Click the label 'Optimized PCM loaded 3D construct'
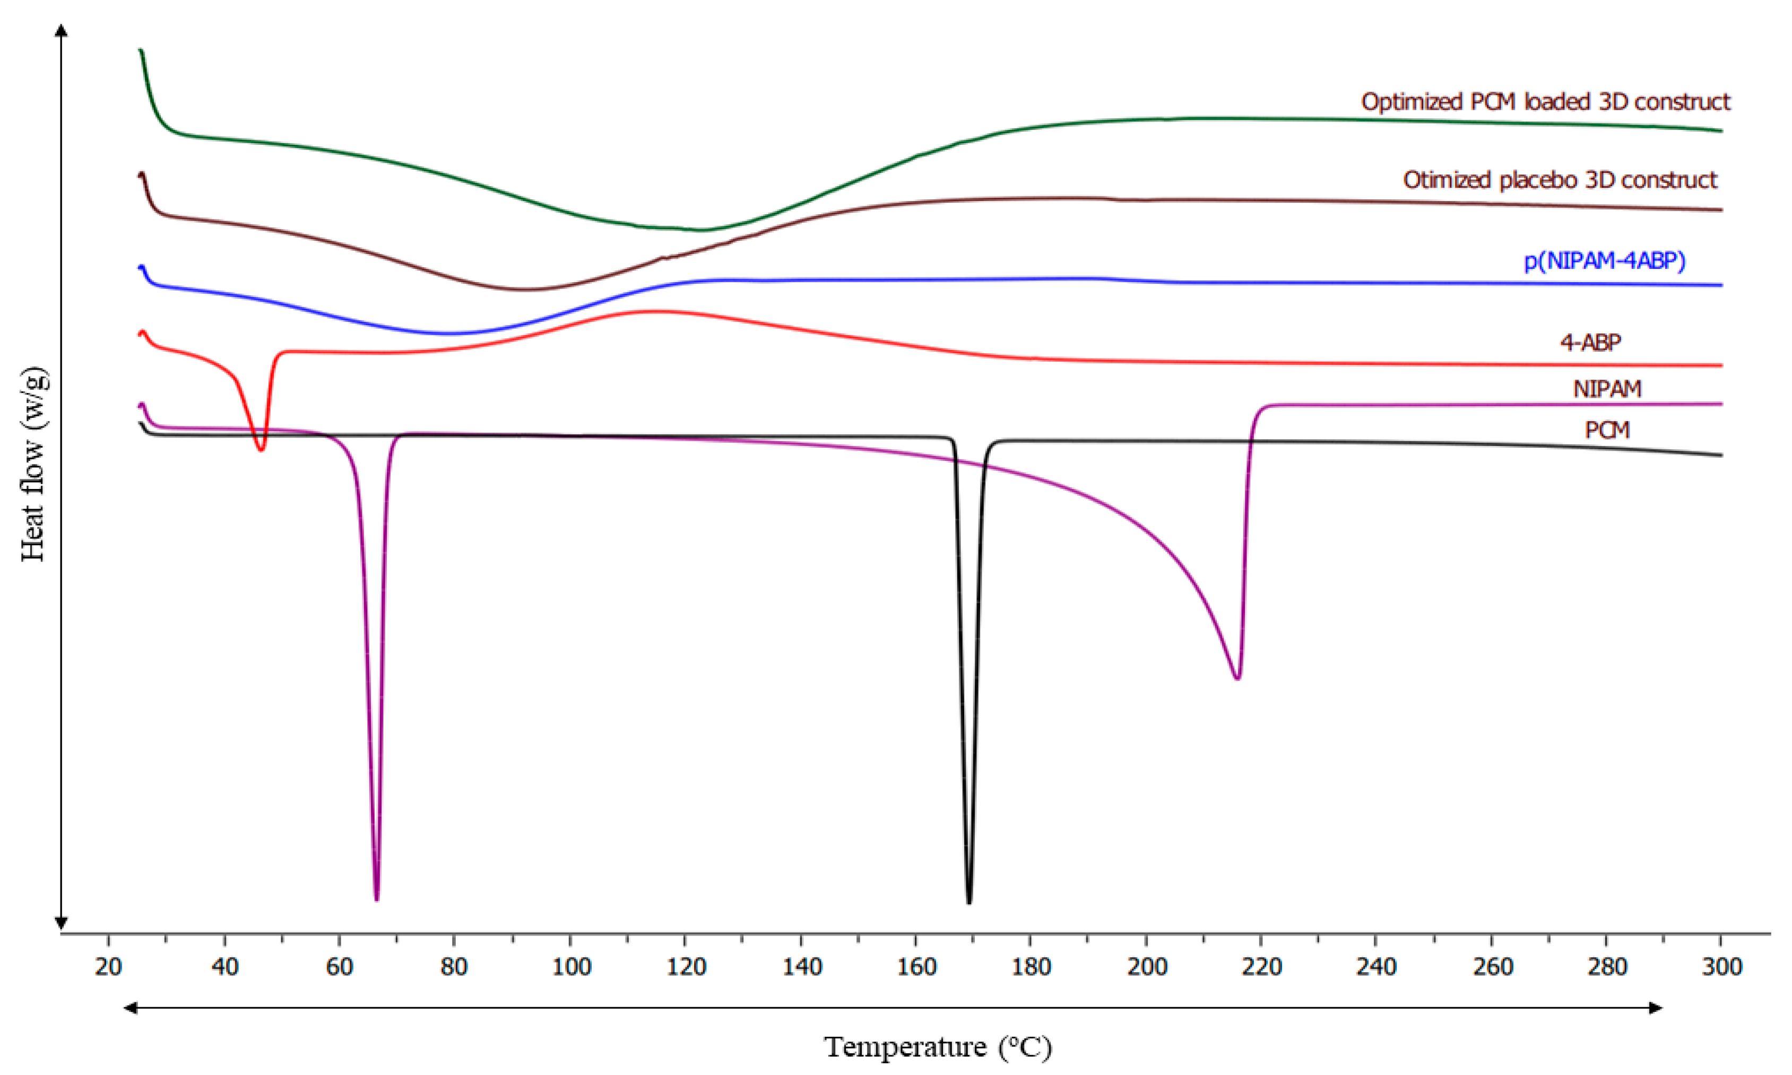tap(1545, 102)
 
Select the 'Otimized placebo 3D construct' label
tap(1560, 180)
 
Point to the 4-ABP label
tap(1590, 342)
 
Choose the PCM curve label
tap(1606, 430)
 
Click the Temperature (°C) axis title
tap(938, 1046)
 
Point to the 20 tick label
tap(109, 966)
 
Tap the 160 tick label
tap(916, 966)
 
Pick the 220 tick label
tap(1261, 966)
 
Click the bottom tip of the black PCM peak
tap(969, 902)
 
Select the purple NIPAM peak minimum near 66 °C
tap(377, 899)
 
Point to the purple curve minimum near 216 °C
tap(1237, 678)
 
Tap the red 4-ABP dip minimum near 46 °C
tap(261, 450)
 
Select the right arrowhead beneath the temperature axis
tap(1655, 1008)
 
